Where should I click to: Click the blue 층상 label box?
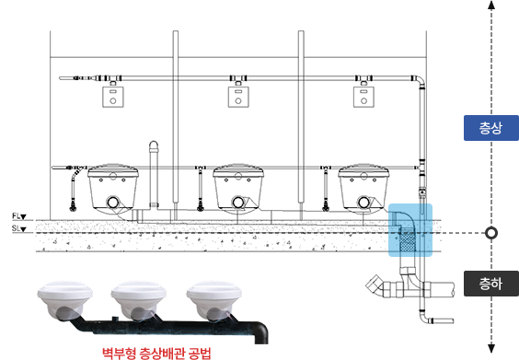click(491, 128)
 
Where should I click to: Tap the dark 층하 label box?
click(491, 284)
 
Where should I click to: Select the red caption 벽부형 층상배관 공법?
click(156, 353)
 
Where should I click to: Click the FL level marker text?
click(19, 216)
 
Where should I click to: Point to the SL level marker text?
click(19, 228)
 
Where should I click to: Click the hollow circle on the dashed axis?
click(491, 233)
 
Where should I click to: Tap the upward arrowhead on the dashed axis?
click(491, 5)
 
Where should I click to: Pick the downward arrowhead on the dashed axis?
click(491, 348)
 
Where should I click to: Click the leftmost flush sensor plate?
click(113, 97)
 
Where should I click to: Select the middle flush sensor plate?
click(238, 97)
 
